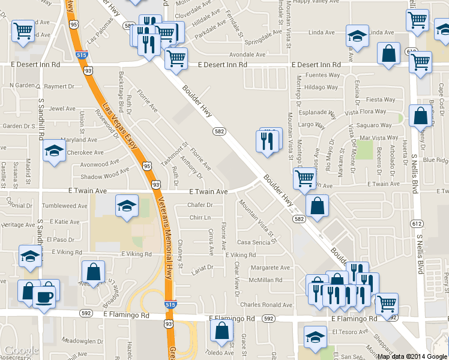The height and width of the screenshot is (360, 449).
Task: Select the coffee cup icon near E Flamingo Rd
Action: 44,296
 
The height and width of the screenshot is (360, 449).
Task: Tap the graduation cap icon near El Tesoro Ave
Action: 315,337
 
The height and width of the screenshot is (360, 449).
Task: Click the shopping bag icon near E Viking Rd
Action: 94,271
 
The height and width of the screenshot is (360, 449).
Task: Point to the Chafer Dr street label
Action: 200,205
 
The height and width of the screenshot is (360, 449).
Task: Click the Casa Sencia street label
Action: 254,242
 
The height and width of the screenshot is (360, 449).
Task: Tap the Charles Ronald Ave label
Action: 266,305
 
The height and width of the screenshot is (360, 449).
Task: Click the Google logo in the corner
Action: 21,350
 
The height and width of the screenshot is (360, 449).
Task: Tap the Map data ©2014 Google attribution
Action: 412,356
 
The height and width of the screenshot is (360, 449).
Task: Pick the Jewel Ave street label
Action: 62,109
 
